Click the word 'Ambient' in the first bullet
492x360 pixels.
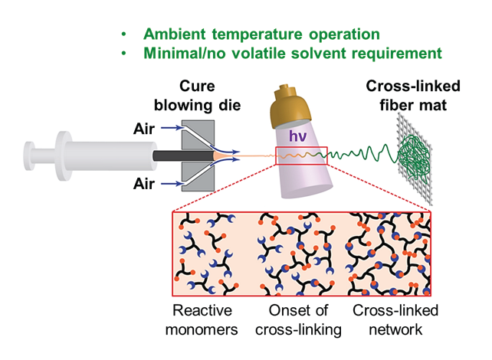(175, 34)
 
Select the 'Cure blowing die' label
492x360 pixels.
(197, 96)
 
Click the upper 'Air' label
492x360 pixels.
(144, 129)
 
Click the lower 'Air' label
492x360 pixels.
(144, 184)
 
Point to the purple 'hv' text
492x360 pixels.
(297, 136)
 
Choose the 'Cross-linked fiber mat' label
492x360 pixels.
(413, 96)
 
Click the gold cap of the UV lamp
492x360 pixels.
(290, 106)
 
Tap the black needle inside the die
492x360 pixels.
(183, 155)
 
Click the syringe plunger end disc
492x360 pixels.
(29, 155)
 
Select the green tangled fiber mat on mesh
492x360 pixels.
(414, 160)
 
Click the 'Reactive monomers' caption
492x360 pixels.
(202, 320)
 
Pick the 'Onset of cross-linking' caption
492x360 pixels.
(298, 320)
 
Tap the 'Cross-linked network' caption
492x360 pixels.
(395, 320)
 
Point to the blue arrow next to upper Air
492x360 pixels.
(172, 128)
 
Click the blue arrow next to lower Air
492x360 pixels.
(172, 184)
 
